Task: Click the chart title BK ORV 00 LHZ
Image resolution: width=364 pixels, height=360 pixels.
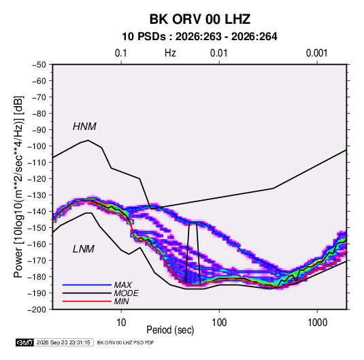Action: pos(200,19)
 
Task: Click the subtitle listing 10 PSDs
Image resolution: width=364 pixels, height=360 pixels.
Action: pos(199,37)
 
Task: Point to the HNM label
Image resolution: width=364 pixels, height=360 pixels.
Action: pos(84,127)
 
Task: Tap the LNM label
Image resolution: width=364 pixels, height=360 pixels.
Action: pos(84,249)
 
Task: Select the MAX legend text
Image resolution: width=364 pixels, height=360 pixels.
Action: pos(123,285)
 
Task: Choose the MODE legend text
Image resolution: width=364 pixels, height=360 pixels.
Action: pos(127,293)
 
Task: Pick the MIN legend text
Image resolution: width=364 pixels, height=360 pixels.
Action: pos(121,301)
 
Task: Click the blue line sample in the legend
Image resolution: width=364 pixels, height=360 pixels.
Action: pos(87,285)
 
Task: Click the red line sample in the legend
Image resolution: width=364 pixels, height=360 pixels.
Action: pos(87,301)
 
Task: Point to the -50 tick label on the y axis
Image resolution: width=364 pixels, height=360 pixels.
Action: pos(39,65)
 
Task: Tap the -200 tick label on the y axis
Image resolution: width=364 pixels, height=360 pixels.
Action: pos(37,310)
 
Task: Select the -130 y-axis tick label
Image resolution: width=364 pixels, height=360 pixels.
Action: pos(37,195)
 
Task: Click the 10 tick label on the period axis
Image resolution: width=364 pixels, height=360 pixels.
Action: pos(121,323)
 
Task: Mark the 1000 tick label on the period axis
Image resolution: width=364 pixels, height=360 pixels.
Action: pos(317,323)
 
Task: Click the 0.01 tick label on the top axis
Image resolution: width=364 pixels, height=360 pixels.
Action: pos(218,53)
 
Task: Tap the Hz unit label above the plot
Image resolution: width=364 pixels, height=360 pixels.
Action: pos(170,53)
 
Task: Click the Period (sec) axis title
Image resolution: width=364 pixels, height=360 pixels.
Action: pos(170,330)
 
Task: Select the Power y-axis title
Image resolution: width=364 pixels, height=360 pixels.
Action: pos(18,187)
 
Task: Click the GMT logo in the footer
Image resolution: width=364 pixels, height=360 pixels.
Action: pos(24,342)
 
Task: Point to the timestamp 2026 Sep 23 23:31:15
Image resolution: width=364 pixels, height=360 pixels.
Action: pos(63,342)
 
